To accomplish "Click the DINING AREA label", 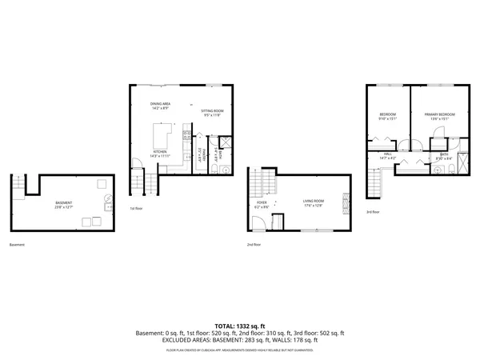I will pyautogui.click(x=160, y=104).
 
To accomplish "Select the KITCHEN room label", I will pyautogui.click(x=160, y=151).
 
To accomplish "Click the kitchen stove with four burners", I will pyautogui.click(x=187, y=135).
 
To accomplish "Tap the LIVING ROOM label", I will pyautogui.click(x=312, y=202).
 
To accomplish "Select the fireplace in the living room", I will pyautogui.click(x=346, y=203).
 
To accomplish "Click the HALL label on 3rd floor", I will pyautogui.click(x=387, y=154).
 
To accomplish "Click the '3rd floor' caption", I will pyautogui.click(x=373, y=212).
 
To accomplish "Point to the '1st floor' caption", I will pyautogui.click(x=136, y=209).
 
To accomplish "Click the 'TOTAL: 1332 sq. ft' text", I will pyautogui.click(x=240, y=326).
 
